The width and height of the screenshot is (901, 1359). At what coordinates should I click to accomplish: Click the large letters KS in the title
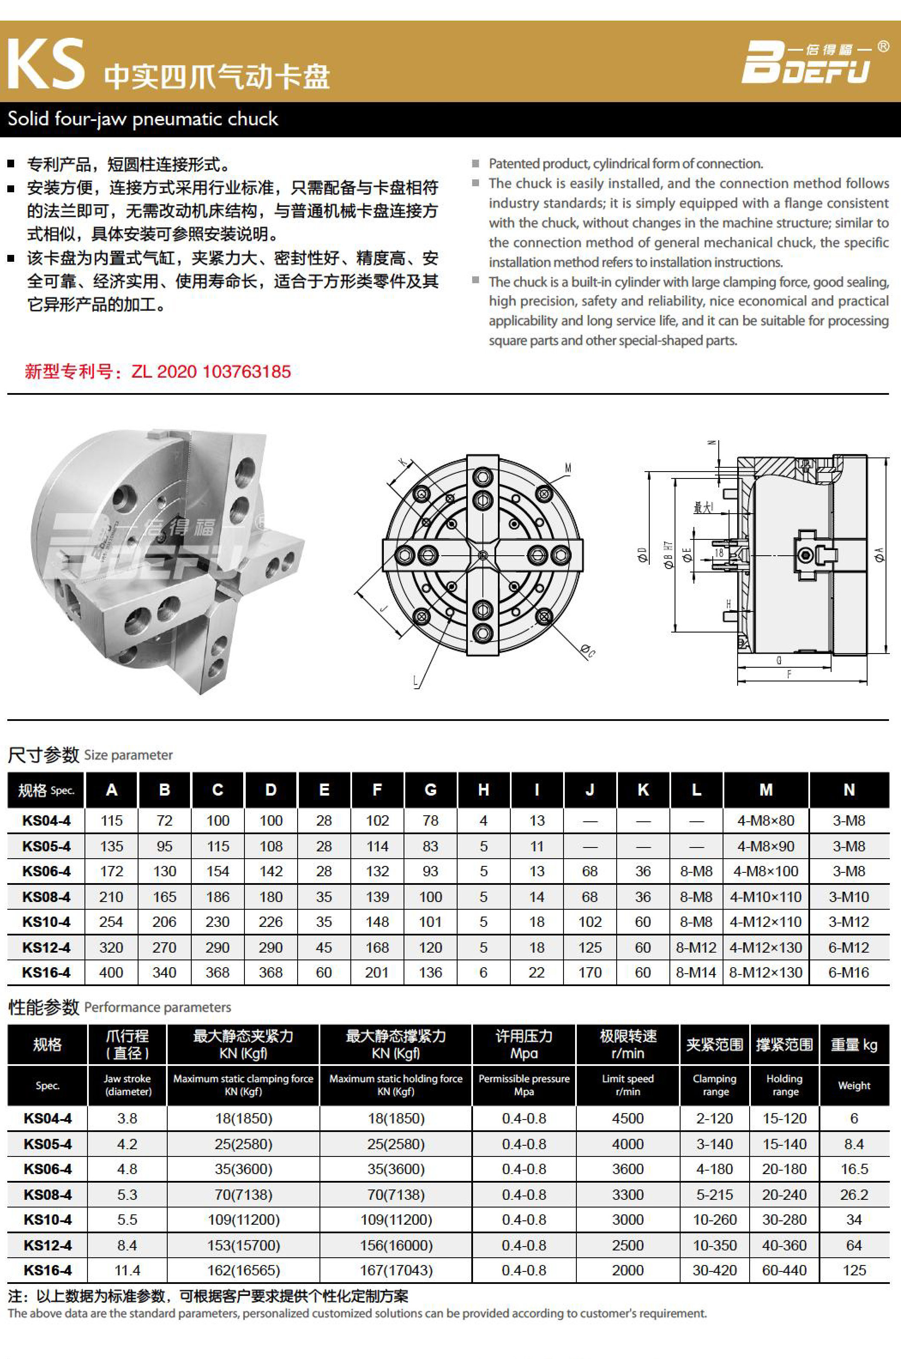click(x=46, y=64)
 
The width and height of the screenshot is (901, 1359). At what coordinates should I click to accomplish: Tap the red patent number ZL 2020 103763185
click(x=211, y=372)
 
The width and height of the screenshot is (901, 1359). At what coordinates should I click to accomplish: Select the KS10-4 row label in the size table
click(x=47, y=922)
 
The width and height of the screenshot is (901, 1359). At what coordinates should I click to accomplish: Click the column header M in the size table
click(x=765, y=790)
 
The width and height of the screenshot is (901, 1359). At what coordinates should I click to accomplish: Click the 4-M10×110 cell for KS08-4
click(x=765, y=897)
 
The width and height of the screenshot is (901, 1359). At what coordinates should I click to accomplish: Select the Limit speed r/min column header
click(x=627, y=1085)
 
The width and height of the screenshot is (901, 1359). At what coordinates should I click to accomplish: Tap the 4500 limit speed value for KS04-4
click(x=627, y=1118)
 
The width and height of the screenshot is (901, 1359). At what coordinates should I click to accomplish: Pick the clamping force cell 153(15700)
click(x=243, y=1245)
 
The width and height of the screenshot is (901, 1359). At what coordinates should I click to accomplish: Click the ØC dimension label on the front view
click(x=587, y=651)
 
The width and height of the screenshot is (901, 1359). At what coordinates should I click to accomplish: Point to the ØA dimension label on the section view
click(x=879, y=555)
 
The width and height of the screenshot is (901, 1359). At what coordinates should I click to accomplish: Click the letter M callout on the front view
click(x=568, y=469)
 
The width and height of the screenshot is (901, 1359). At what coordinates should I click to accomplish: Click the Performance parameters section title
click(x=157, y=1007)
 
